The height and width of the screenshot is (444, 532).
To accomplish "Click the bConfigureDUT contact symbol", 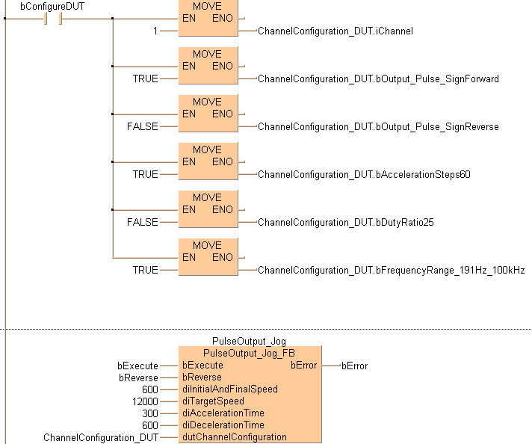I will [x=52, y=18].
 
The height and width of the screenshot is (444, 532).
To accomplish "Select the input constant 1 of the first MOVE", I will [x=155, y=31].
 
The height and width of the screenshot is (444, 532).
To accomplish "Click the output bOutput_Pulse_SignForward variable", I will [x=378, y=78].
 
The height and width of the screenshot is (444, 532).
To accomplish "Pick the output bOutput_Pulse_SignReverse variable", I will [x=378, y=126].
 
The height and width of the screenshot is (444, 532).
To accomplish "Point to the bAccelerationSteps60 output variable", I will [x=364, y=174].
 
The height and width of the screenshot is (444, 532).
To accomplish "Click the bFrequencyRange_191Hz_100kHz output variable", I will [x=391, y=270].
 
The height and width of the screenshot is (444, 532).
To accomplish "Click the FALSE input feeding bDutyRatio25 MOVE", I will [x=142, y=222].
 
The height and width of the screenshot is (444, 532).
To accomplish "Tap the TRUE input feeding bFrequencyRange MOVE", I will [x=145, y=270].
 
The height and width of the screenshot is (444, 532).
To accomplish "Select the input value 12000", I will [x=144, y=401].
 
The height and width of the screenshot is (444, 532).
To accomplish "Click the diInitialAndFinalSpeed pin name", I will [x=229, y=389].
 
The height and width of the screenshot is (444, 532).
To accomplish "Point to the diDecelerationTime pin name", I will [x=223, y=425].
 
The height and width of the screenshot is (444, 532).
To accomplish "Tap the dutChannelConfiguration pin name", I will [x=234, y=437].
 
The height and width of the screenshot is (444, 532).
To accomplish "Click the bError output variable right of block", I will [x=354, y=366].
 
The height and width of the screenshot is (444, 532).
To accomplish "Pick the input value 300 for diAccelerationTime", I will [x=149, y=413].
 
